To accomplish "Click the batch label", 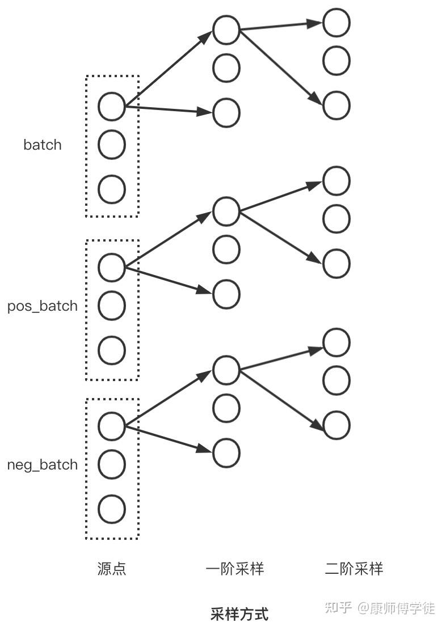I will pyautogui.click(x=42, y=145).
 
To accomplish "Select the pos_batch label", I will pyautogui.click(x=42, y=306).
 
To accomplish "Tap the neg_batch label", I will pyautogui.click(x=42, y=465).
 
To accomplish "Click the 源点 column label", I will pyautogui.click(x=112, y=569).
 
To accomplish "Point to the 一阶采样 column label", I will pyautogui.click(x=234, y=569).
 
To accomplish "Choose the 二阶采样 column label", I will pyautogui.click(x=354, y=569).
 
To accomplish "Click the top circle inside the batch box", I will pyautogui.click(x=112, y=106).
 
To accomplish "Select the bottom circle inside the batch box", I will pyautogui.click(x=112, y=189).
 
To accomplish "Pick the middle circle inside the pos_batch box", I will pyautogui.click(x=112, y=306).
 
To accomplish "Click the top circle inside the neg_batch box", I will pyautogui.click(x=112, y=426).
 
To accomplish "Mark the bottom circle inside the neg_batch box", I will pyautogui.click(x=112, y=509).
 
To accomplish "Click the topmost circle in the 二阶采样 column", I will pyautogui.click(x=336, y=23).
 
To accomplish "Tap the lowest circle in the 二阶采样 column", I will pyautogui.click(x=336, y=425).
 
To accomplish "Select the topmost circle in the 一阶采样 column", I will pyautogui.click(x=226, y=30).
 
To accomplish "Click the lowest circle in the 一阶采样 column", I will pyautogui.click(x=226, y=452).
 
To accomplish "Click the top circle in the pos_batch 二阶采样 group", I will pyautogui.click(x=336, y=181).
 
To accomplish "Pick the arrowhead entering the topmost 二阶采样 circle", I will pyautogui.click(x=315, y=23).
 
